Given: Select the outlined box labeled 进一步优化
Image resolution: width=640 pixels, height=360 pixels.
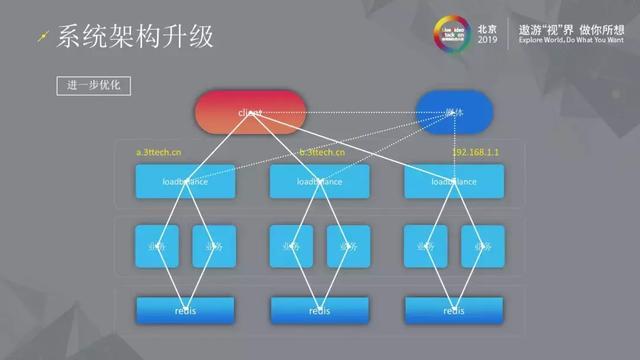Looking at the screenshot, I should pos(93,86).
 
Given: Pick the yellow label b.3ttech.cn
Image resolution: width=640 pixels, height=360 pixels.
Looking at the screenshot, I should pos(322,152).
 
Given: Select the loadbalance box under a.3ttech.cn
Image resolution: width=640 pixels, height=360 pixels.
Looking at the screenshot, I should pos(185,182).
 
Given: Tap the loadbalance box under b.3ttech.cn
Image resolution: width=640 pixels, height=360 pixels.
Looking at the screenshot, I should pos(320,182).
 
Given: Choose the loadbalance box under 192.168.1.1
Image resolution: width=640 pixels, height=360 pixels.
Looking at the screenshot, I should pos(454,182).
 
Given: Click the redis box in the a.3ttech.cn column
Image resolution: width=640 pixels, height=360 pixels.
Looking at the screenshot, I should pos(185,310).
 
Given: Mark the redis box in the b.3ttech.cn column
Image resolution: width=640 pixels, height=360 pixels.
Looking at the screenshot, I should pos(320,310).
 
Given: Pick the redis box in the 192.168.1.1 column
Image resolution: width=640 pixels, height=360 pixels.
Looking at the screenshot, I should pos(454,310).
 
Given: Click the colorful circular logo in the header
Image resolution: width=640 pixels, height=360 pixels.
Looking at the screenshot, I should pos(453,32).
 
